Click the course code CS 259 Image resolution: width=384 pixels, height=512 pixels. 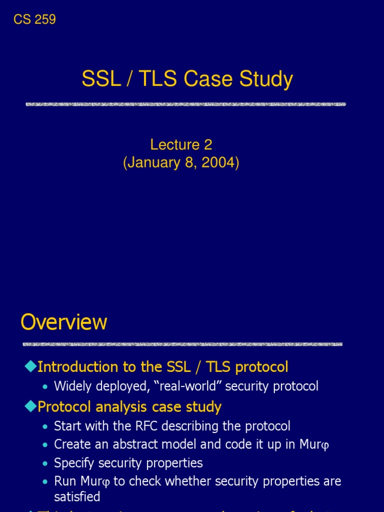pos(34,19)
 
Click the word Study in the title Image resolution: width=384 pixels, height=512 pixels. pos(266,79)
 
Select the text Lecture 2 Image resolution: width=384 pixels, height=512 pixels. pos(181,145)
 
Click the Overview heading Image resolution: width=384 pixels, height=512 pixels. pos(64,322)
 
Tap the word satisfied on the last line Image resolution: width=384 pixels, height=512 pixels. pos(77,496)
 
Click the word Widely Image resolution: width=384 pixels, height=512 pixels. pos(71,386)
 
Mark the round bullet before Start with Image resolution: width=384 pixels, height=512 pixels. pos(46,427)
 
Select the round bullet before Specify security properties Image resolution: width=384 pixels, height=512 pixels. pos(46,463)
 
